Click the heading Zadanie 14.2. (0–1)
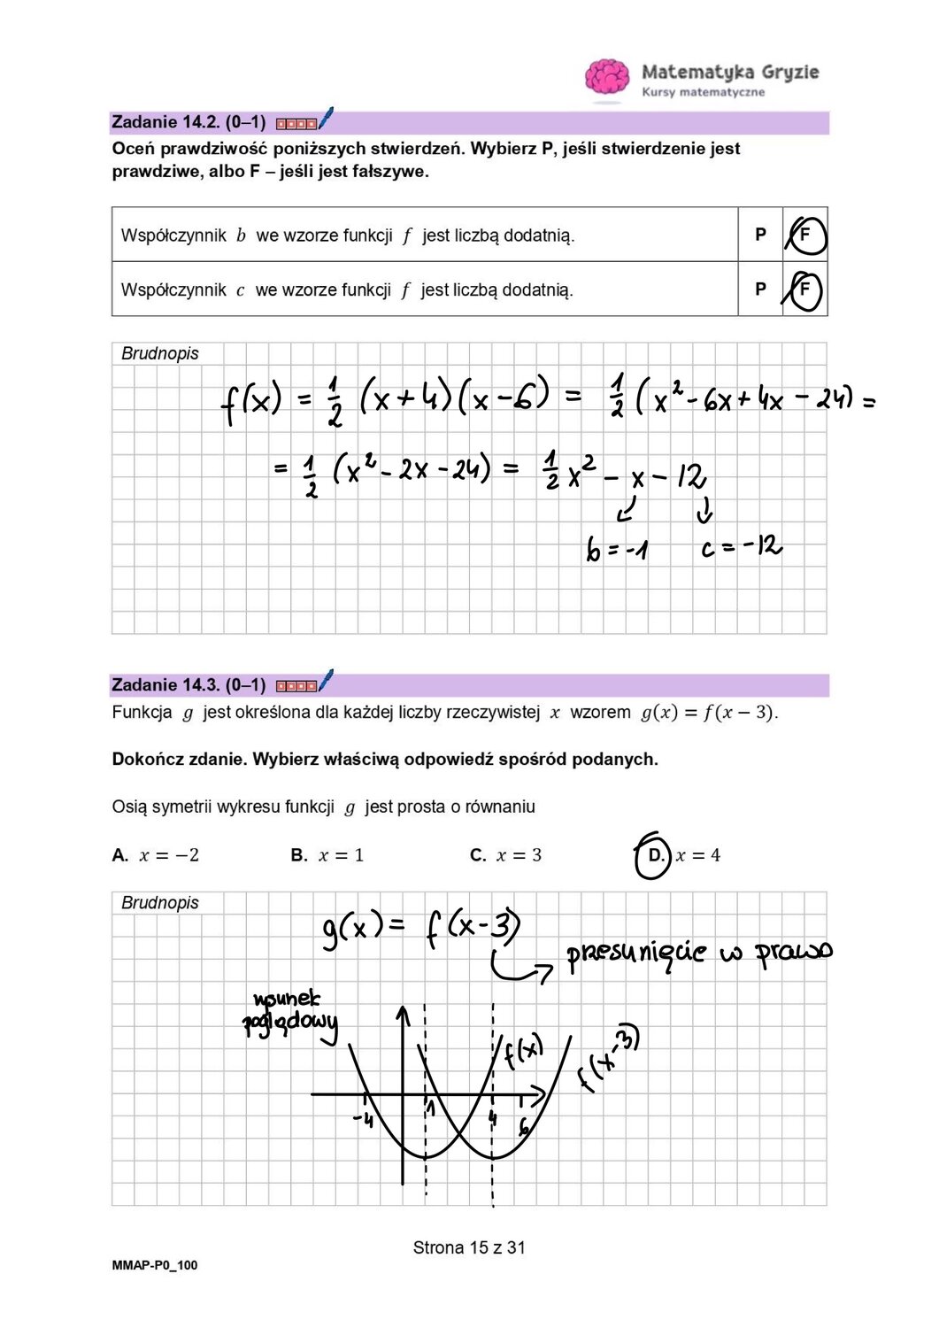[x=189, y=122]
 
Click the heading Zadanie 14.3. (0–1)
[x=189, y=685]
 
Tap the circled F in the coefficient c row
[x=804, y=290]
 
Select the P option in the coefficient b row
[x=760, y=235]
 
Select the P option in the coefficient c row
[x=760, y=289]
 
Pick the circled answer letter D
[x=655, y=855]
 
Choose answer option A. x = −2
[x=156, y=855]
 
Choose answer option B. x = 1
[x=327, y=855]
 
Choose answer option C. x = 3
[x=506, y=855]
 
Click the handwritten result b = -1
[x=617, y=550]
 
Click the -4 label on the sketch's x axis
[x=363, y=1120]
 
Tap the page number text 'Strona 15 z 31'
[x=469, y=1247]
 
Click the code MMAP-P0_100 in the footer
[x=155, y=1265]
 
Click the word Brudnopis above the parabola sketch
[x=160, y=903]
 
